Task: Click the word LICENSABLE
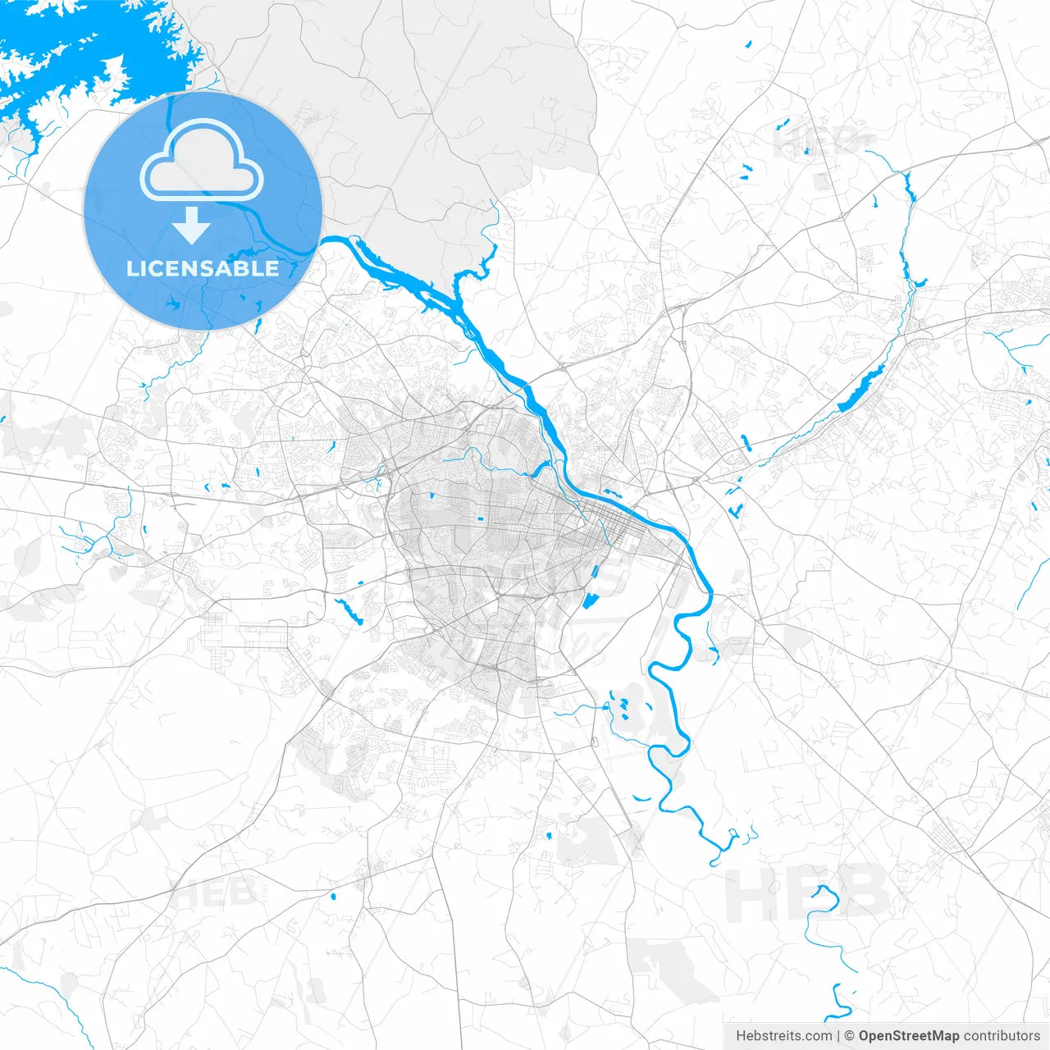pyautogui.click(x=202, y=268)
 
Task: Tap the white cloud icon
pyautogui.click(x=202, y=160)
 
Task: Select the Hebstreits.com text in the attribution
pyautogui.click(x=783, y=1035)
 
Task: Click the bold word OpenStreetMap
pyautogui.click(x=908, y=1035)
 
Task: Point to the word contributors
pyautogui.click(x=1001, y=1035)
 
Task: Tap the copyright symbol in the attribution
pyautogui.click(x=850, y=1035)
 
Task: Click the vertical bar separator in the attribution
pyautogui.click(x=838, y=1035)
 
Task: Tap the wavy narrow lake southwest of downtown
pyautogui.click(x=349, y=611)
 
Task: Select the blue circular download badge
pyautogui.click(x=202, y=211)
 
